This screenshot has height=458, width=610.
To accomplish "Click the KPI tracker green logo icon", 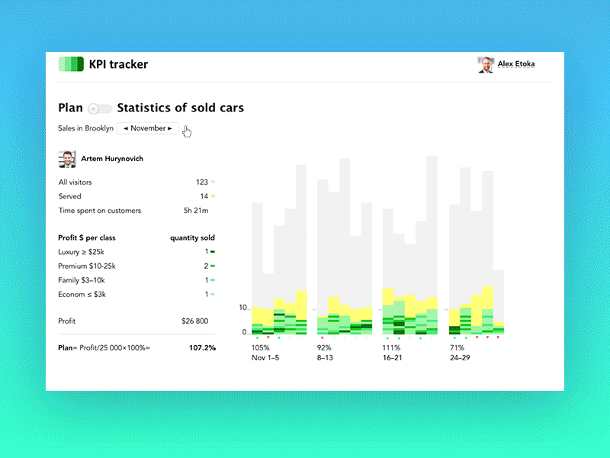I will click(71, 65).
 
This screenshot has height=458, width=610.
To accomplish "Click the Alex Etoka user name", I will click(516, 65).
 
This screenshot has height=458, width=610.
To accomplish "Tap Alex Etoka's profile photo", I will click(485, 65).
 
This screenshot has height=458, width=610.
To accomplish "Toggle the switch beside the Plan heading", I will click(100, 108).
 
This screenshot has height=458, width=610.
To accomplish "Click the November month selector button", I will click(148, 128).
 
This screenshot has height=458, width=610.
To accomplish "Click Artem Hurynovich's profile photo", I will click(67, 159).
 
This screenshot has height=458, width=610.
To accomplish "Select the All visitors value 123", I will click(201, 182).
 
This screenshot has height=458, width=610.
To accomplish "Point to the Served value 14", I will click(204, 196).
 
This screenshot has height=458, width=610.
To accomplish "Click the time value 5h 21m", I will click(196, 211).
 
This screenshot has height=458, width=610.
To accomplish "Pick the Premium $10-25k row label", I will click(87, 266).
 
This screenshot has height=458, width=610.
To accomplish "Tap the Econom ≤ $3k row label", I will click(83, 294).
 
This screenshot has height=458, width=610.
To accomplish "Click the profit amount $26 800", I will click(194, 321).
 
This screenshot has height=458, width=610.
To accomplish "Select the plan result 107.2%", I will click(202, 348).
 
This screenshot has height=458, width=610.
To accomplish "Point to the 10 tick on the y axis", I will click(243, 308).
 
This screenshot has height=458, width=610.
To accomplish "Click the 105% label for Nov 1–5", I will click(260, 347).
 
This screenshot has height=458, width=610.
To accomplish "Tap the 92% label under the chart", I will click(324, 347).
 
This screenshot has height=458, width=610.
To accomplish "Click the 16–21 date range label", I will click(392, 357).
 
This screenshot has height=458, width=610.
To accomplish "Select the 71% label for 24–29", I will click(456, 347).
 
